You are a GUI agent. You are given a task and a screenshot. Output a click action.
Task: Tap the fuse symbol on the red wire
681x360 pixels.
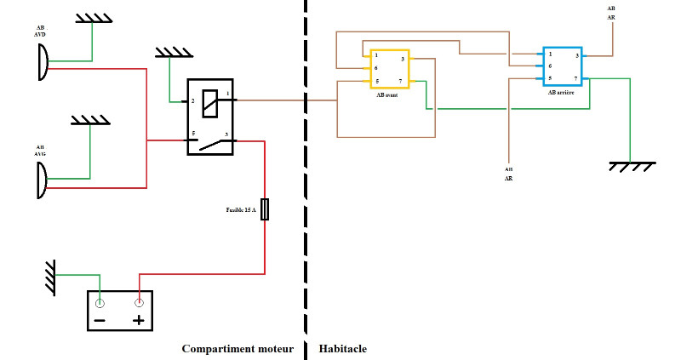point(265,209)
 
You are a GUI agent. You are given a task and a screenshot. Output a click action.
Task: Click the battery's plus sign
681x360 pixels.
point(139,321)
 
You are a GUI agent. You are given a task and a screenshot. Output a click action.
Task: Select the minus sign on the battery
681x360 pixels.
point(100,321)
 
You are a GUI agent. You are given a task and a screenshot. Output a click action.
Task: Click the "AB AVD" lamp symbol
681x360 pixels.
point(42,61)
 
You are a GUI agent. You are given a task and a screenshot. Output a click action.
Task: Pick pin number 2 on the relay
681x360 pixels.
point(193,101)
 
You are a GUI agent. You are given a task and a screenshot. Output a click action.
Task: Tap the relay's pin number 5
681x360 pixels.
point(193,134)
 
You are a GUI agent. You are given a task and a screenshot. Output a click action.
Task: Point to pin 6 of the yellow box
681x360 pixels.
point(375,68)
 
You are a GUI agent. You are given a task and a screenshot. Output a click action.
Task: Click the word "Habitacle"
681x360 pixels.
point(343,349)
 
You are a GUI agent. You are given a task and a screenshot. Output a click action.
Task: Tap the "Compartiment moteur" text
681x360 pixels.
point(237,349)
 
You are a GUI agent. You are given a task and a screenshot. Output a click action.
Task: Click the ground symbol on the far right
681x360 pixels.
point(630,167)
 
